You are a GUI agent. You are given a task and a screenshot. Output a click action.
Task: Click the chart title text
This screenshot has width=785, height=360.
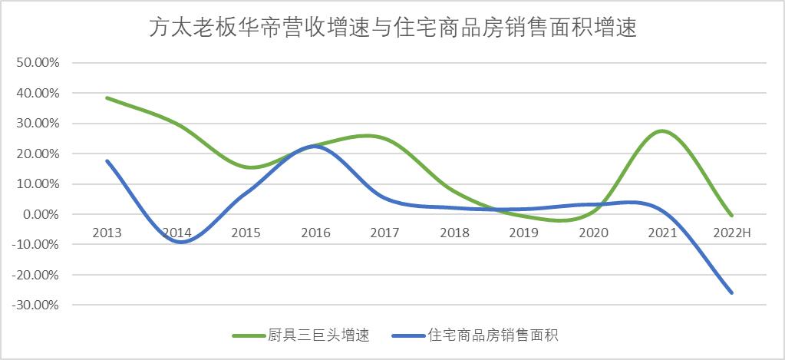pos(392,29)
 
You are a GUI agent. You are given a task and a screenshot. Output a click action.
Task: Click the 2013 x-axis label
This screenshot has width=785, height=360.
pos(107,232)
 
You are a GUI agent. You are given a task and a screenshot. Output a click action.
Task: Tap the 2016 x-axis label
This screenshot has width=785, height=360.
pos(315,232)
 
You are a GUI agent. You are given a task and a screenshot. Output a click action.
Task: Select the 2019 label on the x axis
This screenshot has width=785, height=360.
pos(524,232)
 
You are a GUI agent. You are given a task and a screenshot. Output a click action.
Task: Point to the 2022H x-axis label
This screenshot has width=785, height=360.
pos(732,232)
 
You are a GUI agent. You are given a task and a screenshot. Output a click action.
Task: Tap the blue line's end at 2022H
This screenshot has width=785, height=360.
pos(732,292)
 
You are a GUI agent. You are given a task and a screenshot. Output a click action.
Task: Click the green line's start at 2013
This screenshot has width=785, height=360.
pos(107,98)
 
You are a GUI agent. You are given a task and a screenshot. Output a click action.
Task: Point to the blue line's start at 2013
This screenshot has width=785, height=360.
pos(107,160)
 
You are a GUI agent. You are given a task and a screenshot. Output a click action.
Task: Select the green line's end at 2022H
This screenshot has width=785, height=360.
pos(732,216)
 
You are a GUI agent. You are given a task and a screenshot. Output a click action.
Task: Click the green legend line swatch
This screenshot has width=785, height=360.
pos(249,335)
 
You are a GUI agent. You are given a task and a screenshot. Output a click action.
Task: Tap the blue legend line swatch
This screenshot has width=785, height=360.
pos(407,335)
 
